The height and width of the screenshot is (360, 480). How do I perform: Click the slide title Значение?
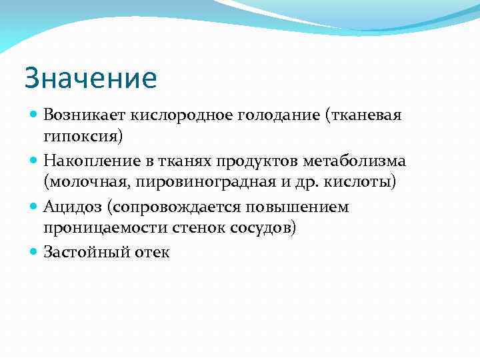point(91,79)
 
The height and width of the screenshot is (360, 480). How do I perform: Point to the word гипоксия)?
point(83,137)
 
